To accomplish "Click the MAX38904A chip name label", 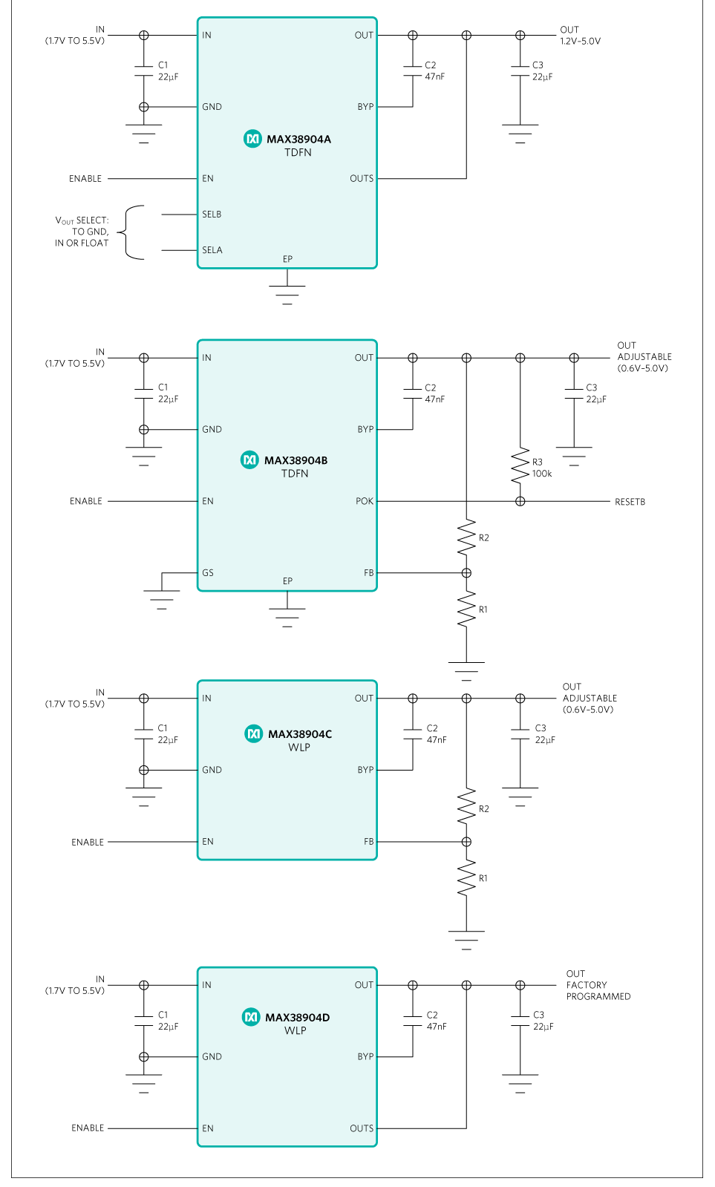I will click(298, 139).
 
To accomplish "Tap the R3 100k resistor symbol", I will click(520, 467).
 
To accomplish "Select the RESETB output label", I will click(630, 502).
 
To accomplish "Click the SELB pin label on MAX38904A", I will click(212, 215).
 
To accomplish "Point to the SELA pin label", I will click(212, 250).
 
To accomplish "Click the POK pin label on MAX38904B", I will click(364, 501).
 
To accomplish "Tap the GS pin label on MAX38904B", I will click(207, 573).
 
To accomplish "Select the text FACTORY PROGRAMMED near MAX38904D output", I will click(598, 990).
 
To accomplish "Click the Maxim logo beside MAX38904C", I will click(253, 733).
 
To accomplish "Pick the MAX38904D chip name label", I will click(297, 1017).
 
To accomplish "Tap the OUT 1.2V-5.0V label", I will click(580, 36).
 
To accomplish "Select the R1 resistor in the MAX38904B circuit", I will click(466, 609).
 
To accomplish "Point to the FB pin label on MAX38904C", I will click(368, 842).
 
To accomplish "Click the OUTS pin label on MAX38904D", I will click(362, 1128).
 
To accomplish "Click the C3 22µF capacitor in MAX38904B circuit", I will click(574, 393).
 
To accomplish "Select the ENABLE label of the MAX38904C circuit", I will click(88, 842).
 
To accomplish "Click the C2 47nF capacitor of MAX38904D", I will click(413, 1021).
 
